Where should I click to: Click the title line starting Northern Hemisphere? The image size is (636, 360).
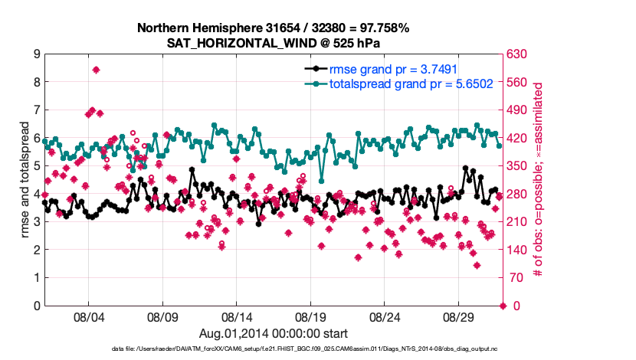(x=273, y=28)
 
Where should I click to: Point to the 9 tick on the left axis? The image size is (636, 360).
(x=36, y=54)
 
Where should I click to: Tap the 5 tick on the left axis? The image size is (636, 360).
(x=36, y=166)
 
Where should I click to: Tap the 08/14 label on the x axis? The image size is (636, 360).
(x=236, y=316)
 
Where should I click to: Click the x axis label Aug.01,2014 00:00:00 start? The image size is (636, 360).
(x=273, y=333)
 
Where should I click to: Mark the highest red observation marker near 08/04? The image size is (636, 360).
(x=96, y=70)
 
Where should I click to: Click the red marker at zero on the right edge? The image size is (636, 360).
(x=503, y=306)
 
